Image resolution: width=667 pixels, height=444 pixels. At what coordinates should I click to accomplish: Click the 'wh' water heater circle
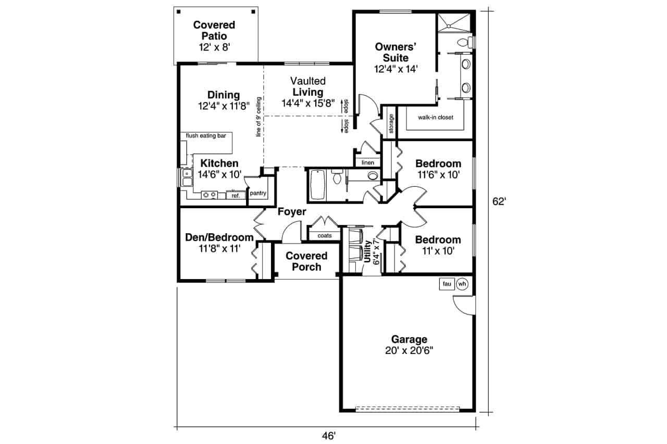click(x=462, y=284)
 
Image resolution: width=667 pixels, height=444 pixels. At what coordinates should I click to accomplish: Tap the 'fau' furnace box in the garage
click(x=447, y=284)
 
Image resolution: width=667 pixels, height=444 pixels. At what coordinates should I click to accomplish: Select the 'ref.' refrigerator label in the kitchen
click(x=236, y=196)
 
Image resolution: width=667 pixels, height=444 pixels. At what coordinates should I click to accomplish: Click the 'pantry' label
click(x=258, y=193)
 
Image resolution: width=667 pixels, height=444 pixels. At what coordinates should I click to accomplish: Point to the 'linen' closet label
click(x=368, y=163)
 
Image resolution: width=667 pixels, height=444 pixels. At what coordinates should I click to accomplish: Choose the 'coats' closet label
click(x=325, y=235)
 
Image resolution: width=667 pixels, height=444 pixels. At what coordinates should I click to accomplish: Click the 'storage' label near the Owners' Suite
click(x=391, y=124)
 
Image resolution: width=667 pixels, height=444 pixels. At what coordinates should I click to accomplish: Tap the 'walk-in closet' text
click(x=435, y=118)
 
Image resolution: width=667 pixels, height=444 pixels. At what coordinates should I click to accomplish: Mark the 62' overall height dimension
click(x=499, y=201)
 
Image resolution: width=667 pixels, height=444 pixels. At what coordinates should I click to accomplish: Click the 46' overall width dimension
click(x=329, y=436)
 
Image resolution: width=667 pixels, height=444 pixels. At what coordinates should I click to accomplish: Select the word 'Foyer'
click(x=292, y=212)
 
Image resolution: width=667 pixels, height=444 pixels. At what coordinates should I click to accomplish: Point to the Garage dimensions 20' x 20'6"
click(x=409, y=351)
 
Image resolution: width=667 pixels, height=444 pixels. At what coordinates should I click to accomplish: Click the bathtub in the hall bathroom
click(x=317, y=185)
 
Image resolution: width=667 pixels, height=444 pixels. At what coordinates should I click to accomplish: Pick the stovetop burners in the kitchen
click(x=209, y=195)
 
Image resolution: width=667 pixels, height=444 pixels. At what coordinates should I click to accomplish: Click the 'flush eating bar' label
click(x=206, y=136)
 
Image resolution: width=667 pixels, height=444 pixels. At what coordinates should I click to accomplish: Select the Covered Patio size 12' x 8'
click(x=214, y=47)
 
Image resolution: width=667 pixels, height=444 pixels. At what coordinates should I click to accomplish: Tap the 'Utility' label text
click(x=367, y=251)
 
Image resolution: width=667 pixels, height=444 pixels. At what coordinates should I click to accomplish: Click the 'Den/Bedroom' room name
click(x=219, y=237)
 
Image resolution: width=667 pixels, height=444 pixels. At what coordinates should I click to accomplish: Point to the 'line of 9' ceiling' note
click(x=258, y=117)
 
